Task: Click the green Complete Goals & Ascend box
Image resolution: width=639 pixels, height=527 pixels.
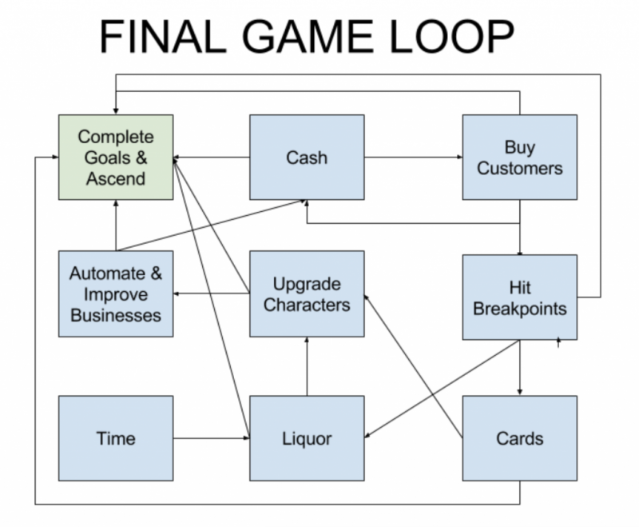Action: tap(116, 158)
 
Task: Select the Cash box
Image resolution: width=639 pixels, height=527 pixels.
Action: tap(307, 158)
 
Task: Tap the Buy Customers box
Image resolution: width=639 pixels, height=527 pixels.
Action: tap(520, 158)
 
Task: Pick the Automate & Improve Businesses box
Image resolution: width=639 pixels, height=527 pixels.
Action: tap(116, 293)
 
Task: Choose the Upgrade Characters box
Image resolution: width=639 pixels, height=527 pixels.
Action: tap(307, 293)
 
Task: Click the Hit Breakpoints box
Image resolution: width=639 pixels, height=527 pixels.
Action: tap(520, 297)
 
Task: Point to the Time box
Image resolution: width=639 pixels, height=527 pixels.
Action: tap(116, 438)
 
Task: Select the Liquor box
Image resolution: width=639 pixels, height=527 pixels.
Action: tap(307, 438)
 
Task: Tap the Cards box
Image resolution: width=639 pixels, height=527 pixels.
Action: tap(520, 438)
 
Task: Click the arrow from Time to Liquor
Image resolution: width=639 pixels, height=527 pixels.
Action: tap(212, 438)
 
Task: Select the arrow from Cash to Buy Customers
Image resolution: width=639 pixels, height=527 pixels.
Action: tap(413, 157)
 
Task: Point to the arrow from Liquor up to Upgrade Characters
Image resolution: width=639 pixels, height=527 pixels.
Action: tap(307, 366)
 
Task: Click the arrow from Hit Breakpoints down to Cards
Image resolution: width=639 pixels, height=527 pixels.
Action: tap(520, 368)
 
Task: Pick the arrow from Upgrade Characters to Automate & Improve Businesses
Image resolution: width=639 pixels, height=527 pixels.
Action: tap(212, 293)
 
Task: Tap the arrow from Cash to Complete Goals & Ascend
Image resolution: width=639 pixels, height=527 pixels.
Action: tap(212, 158)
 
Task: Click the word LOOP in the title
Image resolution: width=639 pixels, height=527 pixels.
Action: tap(451, 36)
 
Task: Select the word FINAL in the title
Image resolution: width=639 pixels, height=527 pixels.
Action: tap(163, 36)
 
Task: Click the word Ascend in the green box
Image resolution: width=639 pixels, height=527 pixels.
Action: tap(116, 178)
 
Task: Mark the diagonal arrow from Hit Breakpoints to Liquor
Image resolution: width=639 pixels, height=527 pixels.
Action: tap(443, 389)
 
